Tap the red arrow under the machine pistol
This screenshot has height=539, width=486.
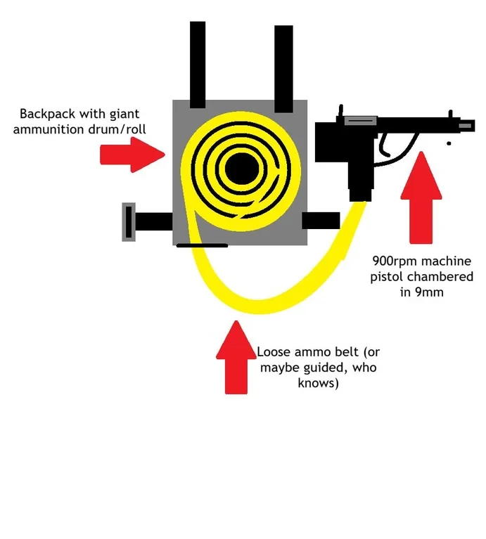[421, 197]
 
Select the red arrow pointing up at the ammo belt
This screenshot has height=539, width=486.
[236, 358]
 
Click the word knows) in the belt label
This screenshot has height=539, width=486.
[318, 383]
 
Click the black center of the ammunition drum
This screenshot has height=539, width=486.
[241, 169]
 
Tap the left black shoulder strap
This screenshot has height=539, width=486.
[198, 65]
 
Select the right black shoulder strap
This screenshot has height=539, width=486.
[283, 69]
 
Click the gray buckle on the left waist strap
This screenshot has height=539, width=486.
[129, 222]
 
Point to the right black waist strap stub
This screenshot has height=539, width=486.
[321, 221]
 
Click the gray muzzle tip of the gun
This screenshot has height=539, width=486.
[466, 126]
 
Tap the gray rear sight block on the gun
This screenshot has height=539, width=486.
[361, 121]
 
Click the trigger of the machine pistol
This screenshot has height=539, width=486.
[384, 146]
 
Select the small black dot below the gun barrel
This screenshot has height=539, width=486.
[449, 143]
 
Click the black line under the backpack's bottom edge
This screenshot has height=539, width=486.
[203, 245]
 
